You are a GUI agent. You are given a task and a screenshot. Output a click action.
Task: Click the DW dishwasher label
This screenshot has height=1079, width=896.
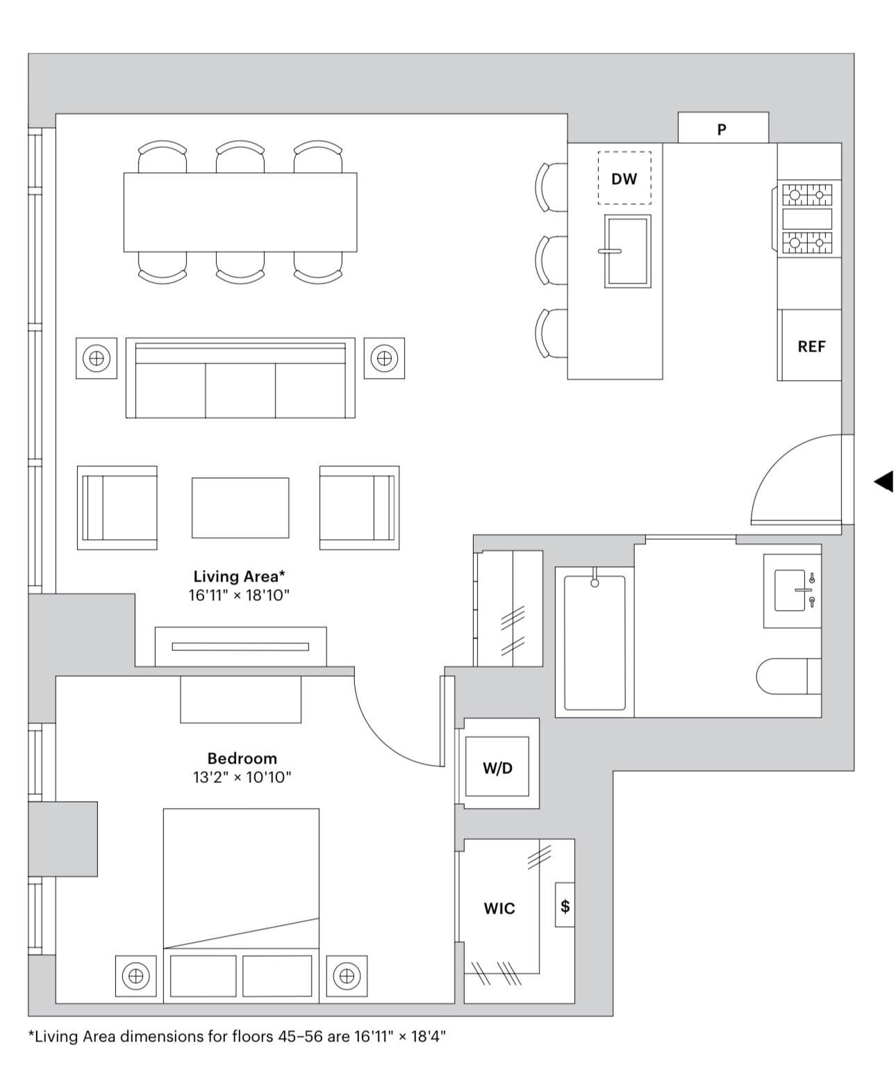624,179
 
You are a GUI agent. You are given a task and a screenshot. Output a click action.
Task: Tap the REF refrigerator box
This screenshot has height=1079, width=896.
810,345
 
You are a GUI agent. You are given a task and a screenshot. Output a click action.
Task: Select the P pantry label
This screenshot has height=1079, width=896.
722,129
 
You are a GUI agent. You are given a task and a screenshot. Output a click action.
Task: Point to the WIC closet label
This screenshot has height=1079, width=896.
499,909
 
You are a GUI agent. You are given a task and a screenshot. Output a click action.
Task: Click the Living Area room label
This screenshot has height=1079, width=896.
239,576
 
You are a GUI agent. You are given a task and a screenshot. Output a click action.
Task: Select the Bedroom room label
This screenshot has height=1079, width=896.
242,758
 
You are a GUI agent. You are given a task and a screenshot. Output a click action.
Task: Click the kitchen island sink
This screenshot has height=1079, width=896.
627,251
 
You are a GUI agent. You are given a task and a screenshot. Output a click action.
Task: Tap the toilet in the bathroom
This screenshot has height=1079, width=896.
788,677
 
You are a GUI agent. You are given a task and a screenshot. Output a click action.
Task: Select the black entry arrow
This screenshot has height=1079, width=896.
883,481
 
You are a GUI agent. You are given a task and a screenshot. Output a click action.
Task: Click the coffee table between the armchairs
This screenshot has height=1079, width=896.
240,507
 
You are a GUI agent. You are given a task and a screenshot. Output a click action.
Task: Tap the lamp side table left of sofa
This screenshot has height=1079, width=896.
97,358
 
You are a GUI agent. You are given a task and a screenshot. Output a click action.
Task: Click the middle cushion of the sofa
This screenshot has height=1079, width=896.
240,390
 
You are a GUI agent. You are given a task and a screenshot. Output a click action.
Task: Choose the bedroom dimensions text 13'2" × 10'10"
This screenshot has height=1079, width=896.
242,777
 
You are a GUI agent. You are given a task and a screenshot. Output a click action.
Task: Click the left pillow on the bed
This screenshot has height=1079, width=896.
203,975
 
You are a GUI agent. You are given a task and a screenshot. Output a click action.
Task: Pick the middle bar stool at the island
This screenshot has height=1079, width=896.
551,261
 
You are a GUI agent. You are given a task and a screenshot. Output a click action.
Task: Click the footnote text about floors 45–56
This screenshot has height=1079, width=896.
237,1036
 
